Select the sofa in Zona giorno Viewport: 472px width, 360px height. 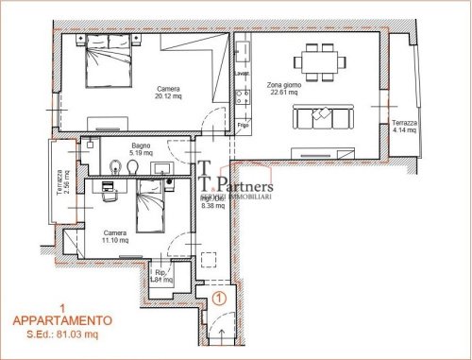[x=322, y=116]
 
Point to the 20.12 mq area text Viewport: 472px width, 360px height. [x=168, y=95]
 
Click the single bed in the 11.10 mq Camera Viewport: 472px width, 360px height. [x=146, y=206]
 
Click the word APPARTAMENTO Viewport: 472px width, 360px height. [x=60, y=320]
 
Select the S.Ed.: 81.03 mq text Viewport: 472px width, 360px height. [x=60, y=334]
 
